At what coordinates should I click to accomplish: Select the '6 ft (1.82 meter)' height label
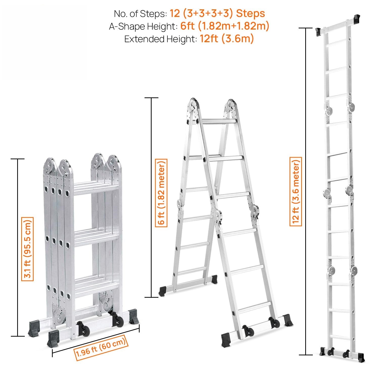point(161,193)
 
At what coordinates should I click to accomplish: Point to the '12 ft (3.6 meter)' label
point(296,191)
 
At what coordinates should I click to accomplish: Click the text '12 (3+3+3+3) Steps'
point(217,13)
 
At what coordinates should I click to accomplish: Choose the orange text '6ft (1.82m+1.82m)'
point(225,26)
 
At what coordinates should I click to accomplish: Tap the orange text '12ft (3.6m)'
point(227,39)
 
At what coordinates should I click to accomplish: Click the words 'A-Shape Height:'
point(143,26)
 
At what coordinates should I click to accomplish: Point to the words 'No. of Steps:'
point(140,14)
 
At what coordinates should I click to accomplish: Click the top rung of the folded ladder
point(96,187)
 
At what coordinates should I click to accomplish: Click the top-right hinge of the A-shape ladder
point(230,107)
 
